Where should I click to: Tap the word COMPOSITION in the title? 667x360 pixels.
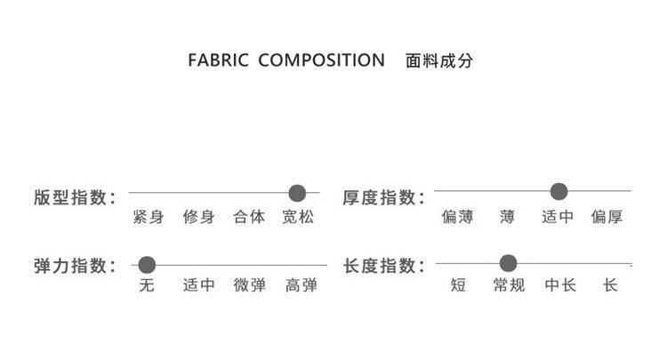321,61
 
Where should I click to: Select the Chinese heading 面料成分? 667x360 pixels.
438,61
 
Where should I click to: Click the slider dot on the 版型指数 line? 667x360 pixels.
298,193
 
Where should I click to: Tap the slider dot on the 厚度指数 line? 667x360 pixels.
559,191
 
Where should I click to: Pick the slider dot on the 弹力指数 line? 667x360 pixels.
148,265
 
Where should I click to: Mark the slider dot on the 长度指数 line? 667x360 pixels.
508,263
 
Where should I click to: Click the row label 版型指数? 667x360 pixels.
75,197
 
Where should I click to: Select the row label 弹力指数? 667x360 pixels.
75,266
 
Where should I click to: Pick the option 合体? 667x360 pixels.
249,217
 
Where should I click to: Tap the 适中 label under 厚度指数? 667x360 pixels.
558,217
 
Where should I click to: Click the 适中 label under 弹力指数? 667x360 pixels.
199,286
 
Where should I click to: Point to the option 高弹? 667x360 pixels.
301,286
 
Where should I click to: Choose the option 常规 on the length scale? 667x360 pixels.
509,286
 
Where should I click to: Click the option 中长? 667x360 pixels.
560,286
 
